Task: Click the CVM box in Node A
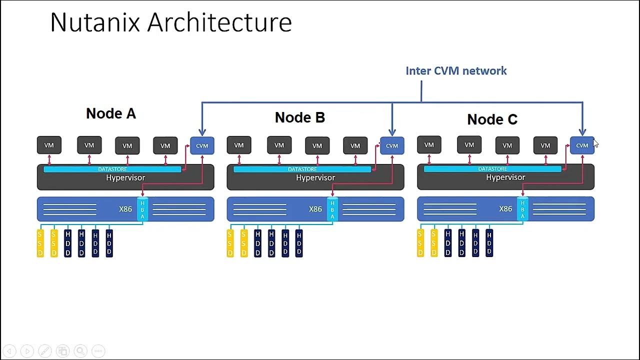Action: pyautogui.click(x=202, y=145)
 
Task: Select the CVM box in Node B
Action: pyautogui.click(x=392, y=145)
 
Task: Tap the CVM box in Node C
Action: pyautogui.click(x=582, y=145)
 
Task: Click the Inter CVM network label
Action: pyautogui.click(x=456, y=71)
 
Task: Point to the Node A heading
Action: pyautogui.click(x=111, y=113)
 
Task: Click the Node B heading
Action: pyautogui.click(x=300, y=117)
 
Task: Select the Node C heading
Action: pyautogui.click(x=492, y=119)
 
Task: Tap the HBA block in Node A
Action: pyautogui.click(x=142, y=209)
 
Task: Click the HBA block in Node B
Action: pyautogui.click(x=332, y=209)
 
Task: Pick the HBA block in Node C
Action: pyautogui.click(x=522, y=209)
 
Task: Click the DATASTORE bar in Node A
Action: pyautogui.click(x=112, y=169)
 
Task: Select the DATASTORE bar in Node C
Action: pyautogui.click(x=492, y=169)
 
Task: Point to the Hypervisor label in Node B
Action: pyautogui.click(x=315, y=178)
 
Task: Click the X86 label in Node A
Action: pyautogui.click(x=125, y=209)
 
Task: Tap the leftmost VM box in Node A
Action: pyautogui.click(x=49, y=145)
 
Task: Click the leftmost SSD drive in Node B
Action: pyautogui.click(x=230, y=243)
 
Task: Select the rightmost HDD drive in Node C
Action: pyautogui.click(x=489, y=243)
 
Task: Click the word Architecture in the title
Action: pyautogui.click(x=219, y=22)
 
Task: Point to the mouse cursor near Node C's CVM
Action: pyautogui.click(x=595, y=143)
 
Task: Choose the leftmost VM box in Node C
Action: pyautogui.click(x=429, y=145)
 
